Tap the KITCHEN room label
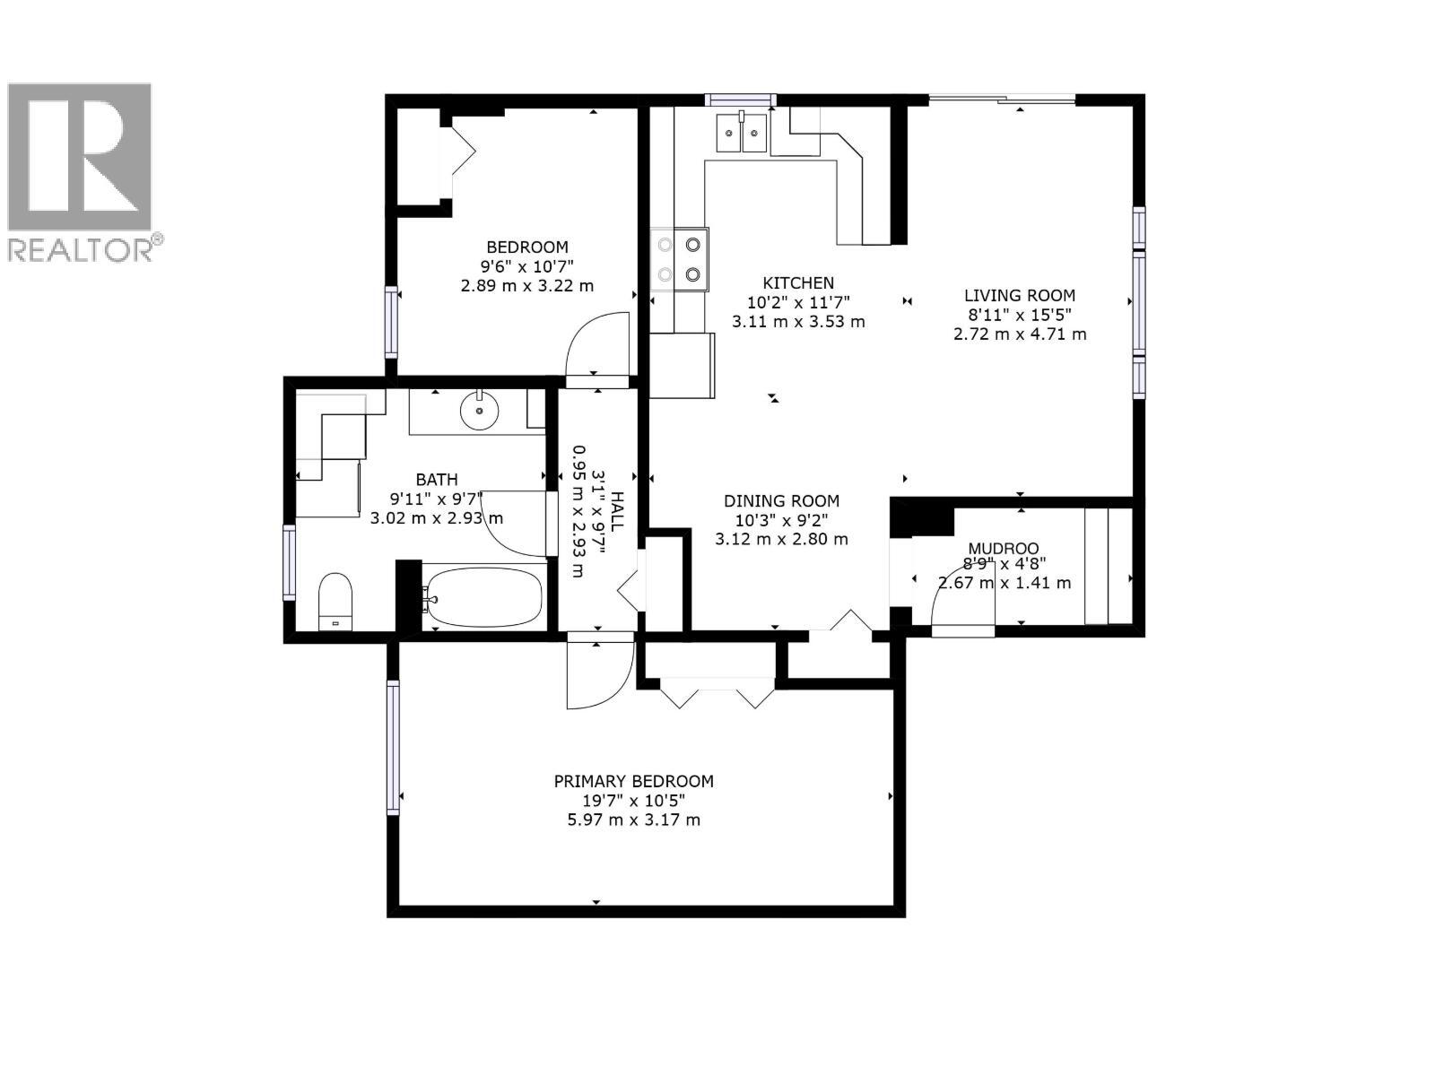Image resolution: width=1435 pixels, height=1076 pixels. point(798,283)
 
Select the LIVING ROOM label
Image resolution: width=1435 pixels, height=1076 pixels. point(1020,295)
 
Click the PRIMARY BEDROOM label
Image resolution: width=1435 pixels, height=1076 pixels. point(633,781)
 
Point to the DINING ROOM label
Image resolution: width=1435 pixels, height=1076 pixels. point(781,501)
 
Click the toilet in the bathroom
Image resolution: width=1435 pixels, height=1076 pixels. point(335,603)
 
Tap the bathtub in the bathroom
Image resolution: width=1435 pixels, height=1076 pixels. point(485,596)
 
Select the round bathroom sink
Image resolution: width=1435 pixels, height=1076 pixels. point(480,412)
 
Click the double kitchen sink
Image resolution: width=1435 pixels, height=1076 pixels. point(741,134)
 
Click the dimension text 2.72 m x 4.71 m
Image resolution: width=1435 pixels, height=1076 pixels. point(1020,334)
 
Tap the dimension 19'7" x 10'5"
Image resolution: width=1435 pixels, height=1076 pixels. point(633,801)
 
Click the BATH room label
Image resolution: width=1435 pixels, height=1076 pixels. point(437,480)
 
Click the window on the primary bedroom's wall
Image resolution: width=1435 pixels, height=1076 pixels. point(393,747)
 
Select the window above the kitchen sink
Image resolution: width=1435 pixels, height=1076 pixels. point(740,100)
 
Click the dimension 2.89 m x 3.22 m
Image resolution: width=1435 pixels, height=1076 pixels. point(526,286)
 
